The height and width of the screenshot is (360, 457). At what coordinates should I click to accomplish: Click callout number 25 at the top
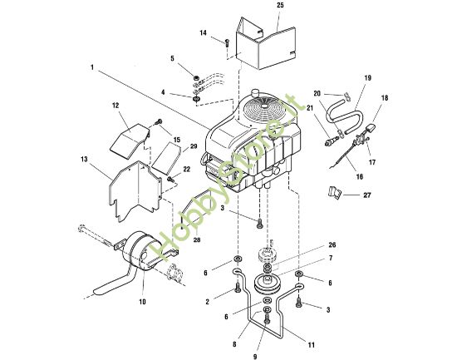pyautogui.click(x=279, y=6)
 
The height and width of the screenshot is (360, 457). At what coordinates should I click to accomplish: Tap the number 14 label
pyautogui.click(x=203, y=32)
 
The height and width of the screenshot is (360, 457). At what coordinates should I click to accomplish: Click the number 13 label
pyautogui.click(x=85, y=159)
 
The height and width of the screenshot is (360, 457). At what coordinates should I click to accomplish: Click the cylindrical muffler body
pyautogui.click(x=140, y=252)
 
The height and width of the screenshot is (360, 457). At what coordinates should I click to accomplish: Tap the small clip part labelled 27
pyautogui.click(x=335, y=192)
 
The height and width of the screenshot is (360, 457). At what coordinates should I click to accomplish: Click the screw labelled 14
pyautogui.click(x=226, y=41)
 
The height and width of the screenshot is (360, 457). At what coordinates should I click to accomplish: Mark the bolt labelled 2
pyautogui.click(x=239, y=288)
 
